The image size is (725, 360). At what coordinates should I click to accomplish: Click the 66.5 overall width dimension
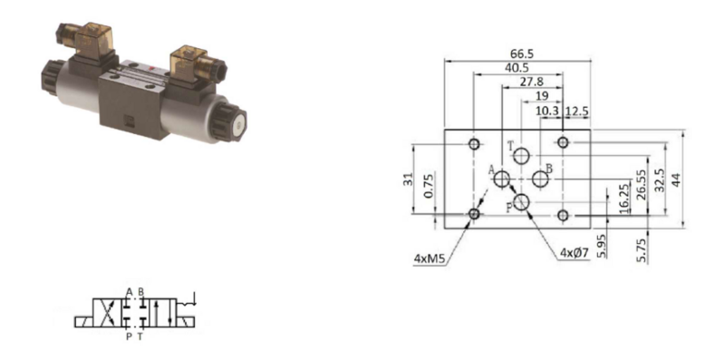click(522, 54)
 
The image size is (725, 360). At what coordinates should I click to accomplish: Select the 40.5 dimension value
click(517, 68)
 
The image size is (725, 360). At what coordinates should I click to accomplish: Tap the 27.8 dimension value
click(531, 82)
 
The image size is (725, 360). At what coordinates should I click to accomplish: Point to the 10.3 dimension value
click(547, 111)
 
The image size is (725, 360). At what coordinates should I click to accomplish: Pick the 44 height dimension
click(675, 179)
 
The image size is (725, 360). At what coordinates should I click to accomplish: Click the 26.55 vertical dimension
click(641, 184)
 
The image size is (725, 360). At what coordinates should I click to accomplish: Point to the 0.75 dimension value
click(429, 186)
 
